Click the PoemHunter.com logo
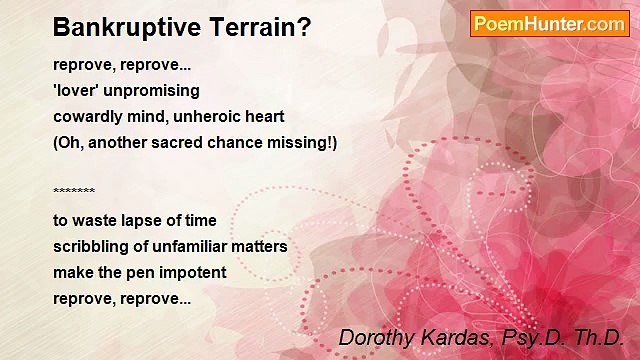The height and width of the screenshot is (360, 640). point(549,24)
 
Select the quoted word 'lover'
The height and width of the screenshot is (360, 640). point(76,91)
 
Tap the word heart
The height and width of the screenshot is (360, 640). point(265,117)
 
